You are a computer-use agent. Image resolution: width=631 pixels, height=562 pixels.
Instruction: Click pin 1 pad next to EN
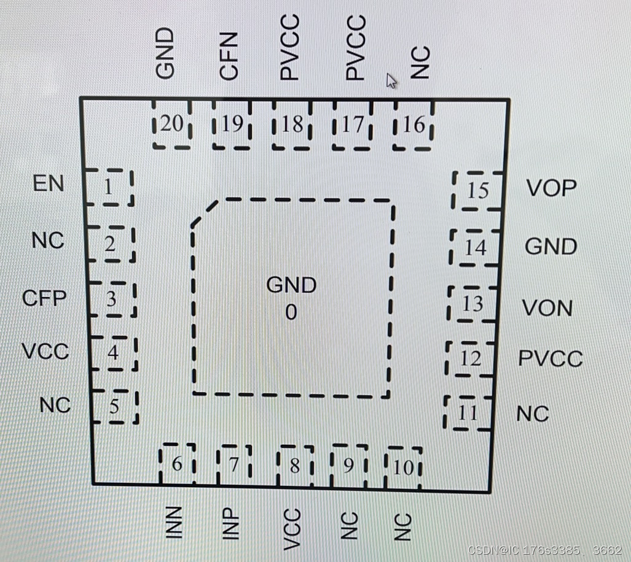[109, 187]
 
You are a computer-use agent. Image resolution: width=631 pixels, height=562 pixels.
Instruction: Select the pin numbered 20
[172, 125]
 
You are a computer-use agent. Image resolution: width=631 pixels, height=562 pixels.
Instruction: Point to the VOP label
[551, 188]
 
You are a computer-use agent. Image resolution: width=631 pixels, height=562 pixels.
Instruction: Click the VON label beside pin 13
[547, 307]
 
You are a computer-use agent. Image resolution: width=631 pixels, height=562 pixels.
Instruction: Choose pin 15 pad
[477, 190]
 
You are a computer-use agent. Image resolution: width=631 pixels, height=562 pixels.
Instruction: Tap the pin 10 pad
[404, 468]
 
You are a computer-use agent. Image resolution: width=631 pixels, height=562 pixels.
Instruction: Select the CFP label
[44, 299]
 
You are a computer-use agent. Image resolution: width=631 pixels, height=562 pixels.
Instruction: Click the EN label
[49, 183]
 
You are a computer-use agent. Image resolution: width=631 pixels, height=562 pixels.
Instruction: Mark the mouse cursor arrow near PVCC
[391, 80]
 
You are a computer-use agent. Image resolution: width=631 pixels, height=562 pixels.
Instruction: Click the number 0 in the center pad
[291, 313]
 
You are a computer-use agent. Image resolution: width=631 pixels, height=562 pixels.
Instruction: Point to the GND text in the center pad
[291, 285]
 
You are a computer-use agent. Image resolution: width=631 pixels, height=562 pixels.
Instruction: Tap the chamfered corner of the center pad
[204, 212]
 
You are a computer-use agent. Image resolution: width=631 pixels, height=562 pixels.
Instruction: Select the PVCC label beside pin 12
[550, 358]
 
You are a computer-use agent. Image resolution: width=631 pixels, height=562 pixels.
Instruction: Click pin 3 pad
[112, 299]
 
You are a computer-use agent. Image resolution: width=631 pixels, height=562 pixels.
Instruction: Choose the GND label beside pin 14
[551, 247]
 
